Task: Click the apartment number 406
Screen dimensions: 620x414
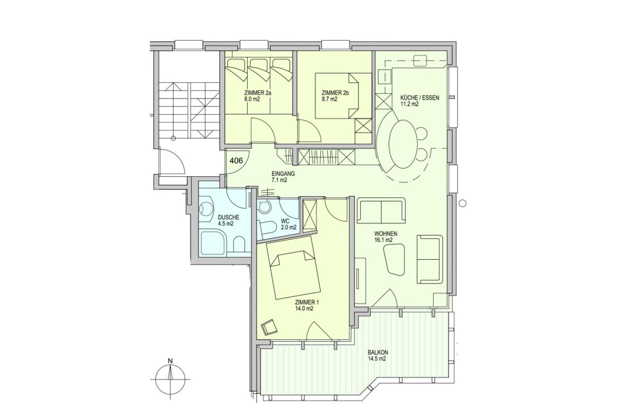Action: [236, 160]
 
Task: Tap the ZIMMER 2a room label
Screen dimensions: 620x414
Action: [257, 93]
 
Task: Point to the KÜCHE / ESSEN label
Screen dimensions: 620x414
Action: [420, 98]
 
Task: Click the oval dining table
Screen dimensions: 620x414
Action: [403, 144]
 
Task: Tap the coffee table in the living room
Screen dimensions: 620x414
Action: [394, 260]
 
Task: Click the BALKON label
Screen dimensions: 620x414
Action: [378, 352]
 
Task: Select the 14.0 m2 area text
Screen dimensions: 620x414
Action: [304, 308]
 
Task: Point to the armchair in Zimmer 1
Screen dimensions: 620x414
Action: [270, 327]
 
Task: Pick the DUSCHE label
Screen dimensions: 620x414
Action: [228, 217]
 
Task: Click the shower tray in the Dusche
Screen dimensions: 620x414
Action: [214, 243]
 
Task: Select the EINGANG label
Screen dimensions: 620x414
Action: [283, 174]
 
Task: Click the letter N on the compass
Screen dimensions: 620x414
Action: [170, 361]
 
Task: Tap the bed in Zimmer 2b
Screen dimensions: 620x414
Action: [343, 96]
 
